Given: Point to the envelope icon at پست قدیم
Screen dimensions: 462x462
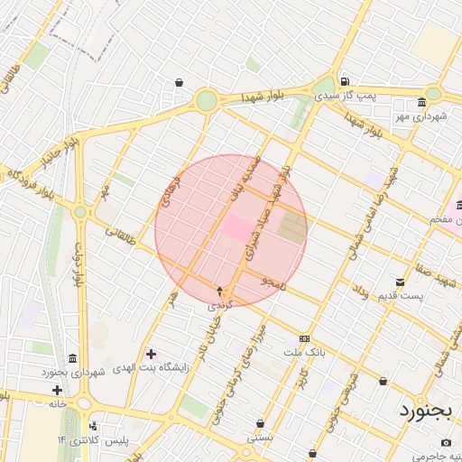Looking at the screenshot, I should click(401, 282).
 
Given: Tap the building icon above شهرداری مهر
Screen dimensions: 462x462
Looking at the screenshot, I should click(422, 103).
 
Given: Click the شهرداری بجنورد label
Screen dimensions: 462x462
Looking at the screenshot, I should click(73, 372).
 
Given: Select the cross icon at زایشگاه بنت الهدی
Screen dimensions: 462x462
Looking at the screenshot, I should click(150, 353).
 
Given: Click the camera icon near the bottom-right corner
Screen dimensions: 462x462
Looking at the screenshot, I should click(446, 442).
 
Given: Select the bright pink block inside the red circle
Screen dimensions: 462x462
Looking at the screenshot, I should click(238, 227).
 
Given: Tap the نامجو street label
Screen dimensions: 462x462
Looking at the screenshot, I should click(272, 282).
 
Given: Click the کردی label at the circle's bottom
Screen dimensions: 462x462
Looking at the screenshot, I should click(220, 305).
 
